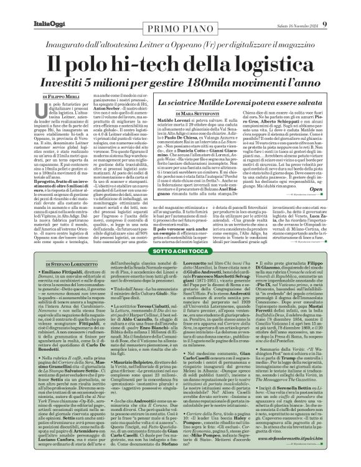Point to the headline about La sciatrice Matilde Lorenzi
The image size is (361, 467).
tap(235, 99)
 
